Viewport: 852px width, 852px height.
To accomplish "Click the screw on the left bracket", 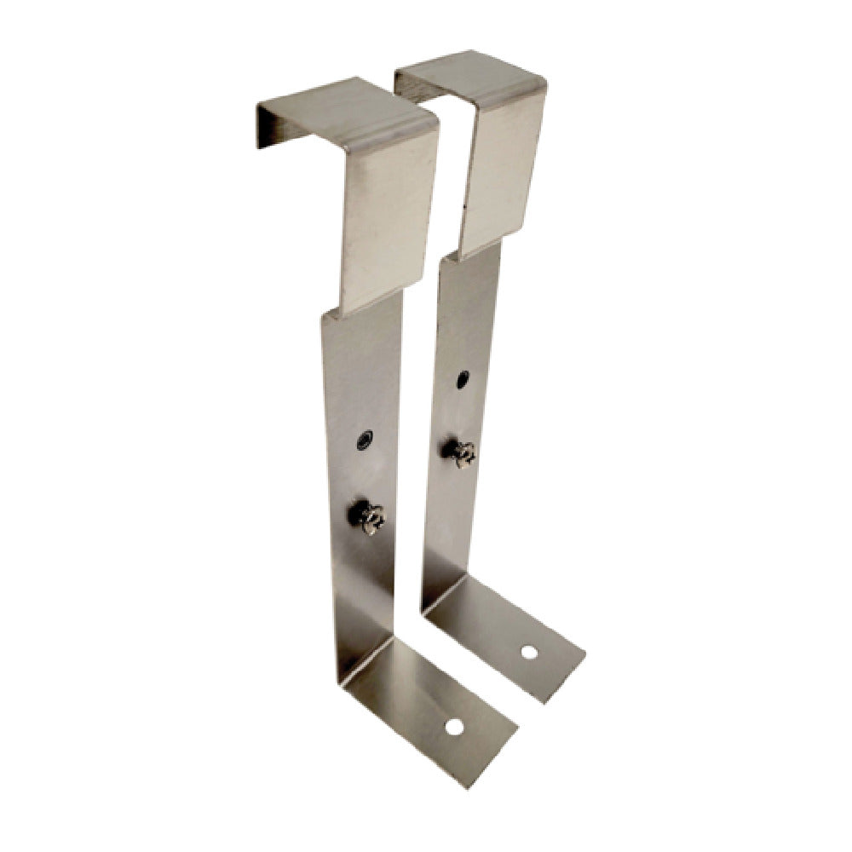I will [368, 516].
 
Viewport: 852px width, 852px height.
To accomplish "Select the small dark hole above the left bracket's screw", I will [366, 440].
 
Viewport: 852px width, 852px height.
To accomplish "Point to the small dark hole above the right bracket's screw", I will [462, 379].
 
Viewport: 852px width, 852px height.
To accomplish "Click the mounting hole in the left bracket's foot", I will [454, 727].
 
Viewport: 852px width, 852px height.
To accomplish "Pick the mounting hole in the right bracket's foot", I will [529, 653].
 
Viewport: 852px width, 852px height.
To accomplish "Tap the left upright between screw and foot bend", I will [363, 596].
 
